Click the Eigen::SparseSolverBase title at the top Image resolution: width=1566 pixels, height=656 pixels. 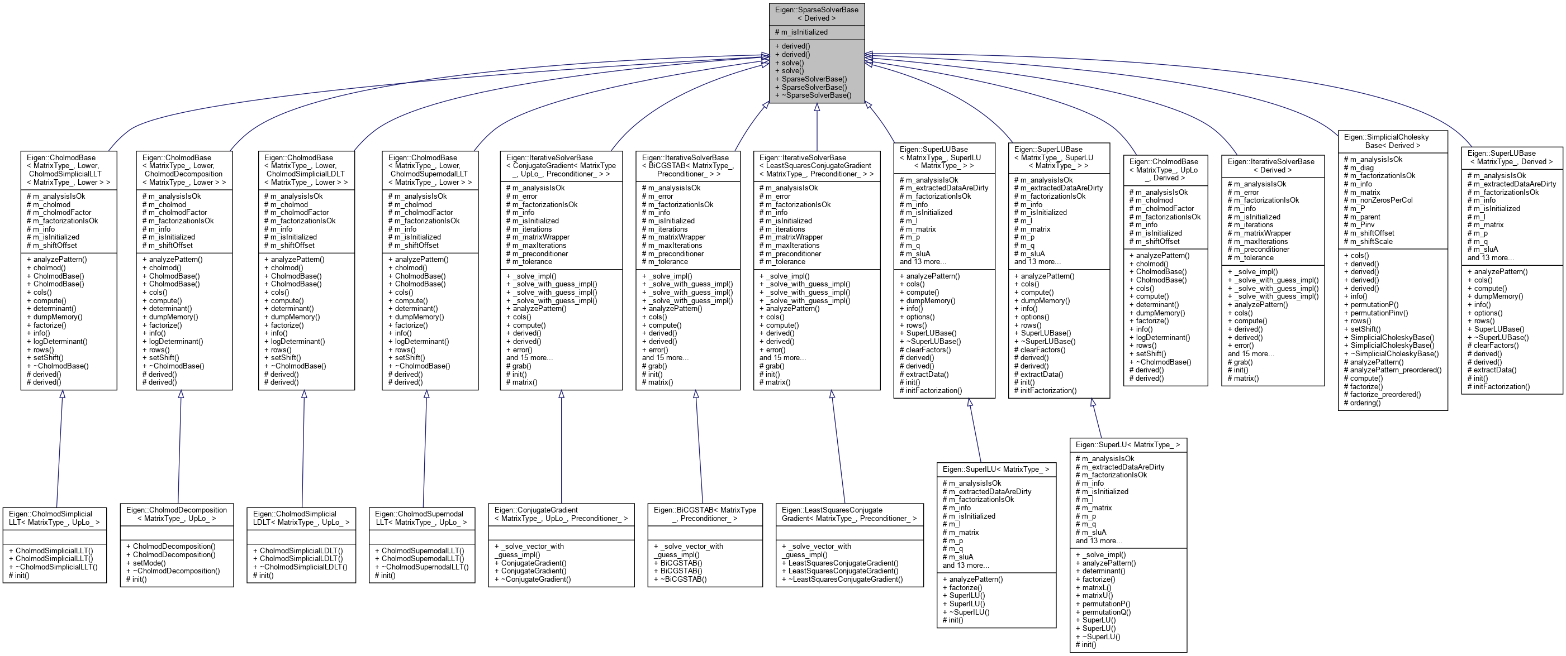pos(817,14)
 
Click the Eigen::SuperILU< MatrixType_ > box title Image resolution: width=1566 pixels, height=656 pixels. pos(996,470)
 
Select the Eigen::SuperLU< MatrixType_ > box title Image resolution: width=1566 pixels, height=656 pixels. pos(1128,445)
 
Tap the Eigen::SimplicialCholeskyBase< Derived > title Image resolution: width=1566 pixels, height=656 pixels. pos(1392,141)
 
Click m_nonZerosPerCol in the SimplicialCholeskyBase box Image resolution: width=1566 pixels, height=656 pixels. pos(1381,200)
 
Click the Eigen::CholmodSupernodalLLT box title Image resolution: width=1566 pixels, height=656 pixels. pos(421,518)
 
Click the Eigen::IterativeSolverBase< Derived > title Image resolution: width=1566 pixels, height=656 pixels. pos(1272,166)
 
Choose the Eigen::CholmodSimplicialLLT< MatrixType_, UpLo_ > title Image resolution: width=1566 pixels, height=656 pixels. pos(54,518)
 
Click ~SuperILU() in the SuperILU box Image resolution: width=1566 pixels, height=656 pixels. pos(969,612)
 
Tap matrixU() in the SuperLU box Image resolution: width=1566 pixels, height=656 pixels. pos(1097,596)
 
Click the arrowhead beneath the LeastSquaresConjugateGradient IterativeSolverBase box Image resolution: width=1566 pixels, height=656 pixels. pos(831,395)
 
